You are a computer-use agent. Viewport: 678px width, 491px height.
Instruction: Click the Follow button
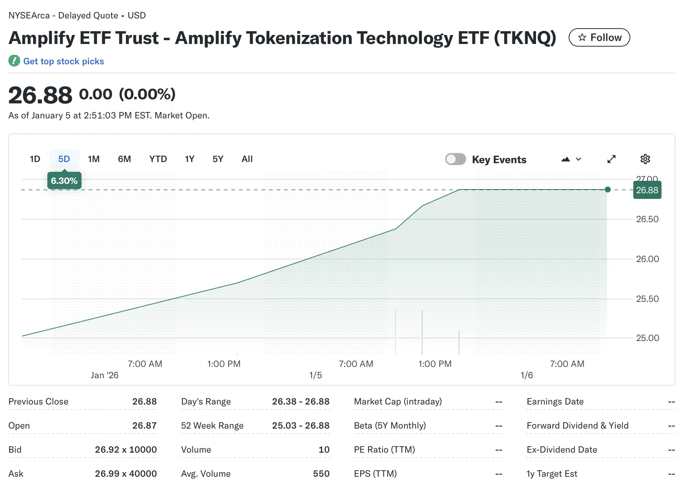599,38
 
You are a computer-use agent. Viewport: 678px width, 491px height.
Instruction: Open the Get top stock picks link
63,61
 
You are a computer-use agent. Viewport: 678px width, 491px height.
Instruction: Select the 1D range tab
35,159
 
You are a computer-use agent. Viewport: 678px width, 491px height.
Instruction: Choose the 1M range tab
94,159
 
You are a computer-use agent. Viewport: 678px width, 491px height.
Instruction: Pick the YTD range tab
158,159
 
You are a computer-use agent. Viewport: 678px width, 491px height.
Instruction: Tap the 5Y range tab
218,159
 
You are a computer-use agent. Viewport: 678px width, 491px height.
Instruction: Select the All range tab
247,159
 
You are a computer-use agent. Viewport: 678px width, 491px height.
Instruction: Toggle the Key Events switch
455,159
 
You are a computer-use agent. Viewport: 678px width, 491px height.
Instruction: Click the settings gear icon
645,159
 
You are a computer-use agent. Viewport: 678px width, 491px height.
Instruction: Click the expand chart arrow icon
612,159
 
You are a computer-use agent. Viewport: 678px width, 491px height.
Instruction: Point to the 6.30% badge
64,181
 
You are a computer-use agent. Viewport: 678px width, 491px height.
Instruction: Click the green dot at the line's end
608,189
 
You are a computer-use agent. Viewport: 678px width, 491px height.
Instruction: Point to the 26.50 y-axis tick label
647,219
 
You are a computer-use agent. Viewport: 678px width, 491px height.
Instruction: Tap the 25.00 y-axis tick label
647,338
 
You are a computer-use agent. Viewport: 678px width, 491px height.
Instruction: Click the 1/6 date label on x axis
527,375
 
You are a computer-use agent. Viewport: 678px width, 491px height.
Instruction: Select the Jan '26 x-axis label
104,375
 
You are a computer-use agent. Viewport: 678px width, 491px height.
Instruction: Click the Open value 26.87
144,426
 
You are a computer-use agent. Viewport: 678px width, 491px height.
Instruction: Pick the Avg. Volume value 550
321,474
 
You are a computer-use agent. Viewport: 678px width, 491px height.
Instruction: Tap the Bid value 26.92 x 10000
126,450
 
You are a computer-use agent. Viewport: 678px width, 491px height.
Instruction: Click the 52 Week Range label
212,426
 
